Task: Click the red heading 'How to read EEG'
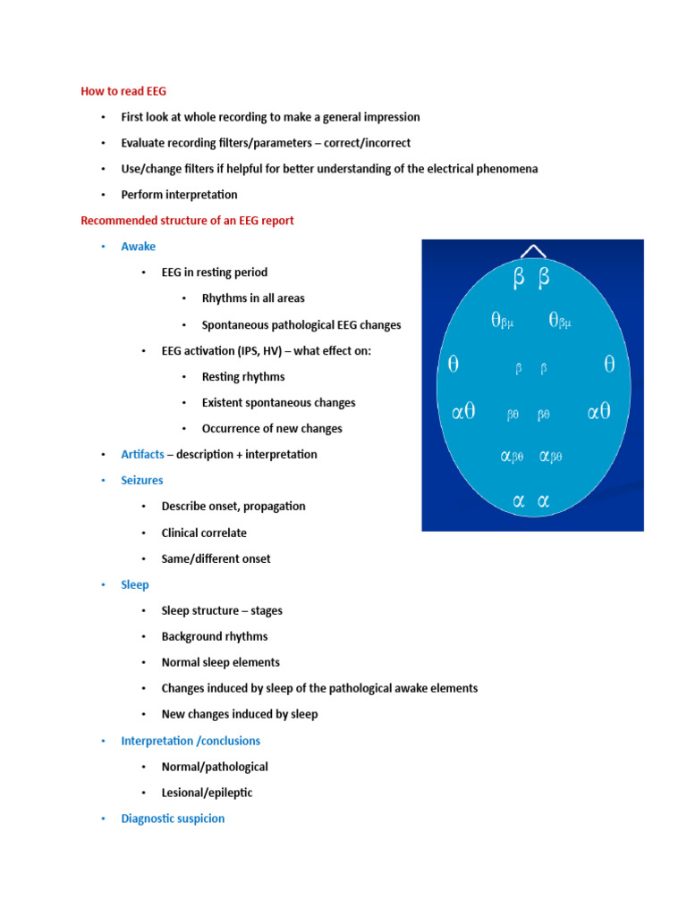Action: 123,91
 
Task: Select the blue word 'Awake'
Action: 138,247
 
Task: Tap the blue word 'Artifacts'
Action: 142,454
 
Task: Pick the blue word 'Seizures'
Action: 142,480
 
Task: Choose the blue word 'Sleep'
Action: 135,584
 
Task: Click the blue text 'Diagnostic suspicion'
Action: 173,818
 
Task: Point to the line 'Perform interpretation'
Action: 180,195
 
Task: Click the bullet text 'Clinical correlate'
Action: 204,533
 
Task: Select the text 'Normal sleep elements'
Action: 220,662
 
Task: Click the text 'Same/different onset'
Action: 216,558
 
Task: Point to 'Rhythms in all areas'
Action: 253,298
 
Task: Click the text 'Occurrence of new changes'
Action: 272,429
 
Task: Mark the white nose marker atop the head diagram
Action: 533,253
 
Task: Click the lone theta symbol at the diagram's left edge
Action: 454,364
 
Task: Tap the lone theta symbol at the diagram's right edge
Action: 610,364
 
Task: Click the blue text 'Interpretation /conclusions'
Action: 191,741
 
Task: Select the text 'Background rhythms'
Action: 215,636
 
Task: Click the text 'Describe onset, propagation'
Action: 233,506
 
